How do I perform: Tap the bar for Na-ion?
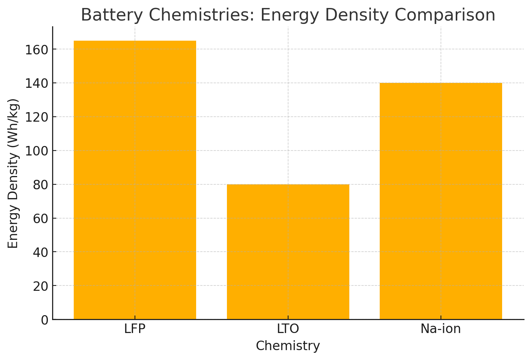coord(441,201)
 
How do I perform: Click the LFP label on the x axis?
coord(135,329)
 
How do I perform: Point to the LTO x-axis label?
coord(288,329)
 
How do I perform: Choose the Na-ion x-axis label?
coord(441,329)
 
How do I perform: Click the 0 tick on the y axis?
coord(44,320)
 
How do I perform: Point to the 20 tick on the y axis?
coord(41,286)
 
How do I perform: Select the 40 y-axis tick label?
coord(41,252)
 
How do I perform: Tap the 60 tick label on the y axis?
coord(41,219)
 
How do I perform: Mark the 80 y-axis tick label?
coord(41,185)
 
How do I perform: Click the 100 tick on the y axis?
coord(37,151)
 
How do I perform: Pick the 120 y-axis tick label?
coord(37,117)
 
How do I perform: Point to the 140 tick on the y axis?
coord(37,83)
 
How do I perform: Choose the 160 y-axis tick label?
coord(37,50)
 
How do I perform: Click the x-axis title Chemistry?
coord(288,346)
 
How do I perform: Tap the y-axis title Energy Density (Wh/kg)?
coord(14,173)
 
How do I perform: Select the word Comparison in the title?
coord(445,15)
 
